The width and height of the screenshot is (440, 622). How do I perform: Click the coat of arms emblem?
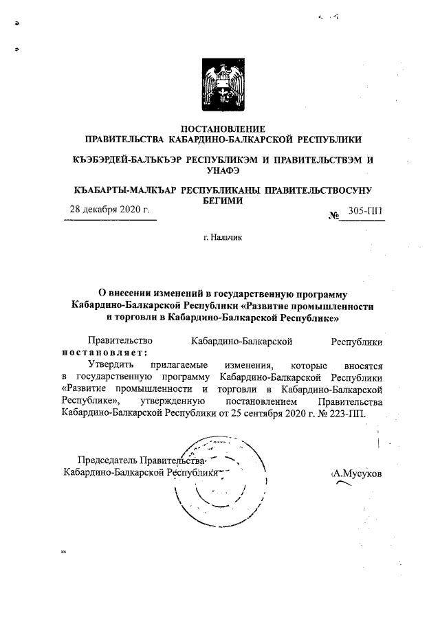(222, 85)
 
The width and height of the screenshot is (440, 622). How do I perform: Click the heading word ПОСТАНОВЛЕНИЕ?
(222, 129)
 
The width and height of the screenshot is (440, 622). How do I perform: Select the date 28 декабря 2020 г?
(110, 210)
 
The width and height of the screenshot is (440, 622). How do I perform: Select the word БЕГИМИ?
(222, 200)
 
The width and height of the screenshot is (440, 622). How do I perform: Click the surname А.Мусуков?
(357, 473)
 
